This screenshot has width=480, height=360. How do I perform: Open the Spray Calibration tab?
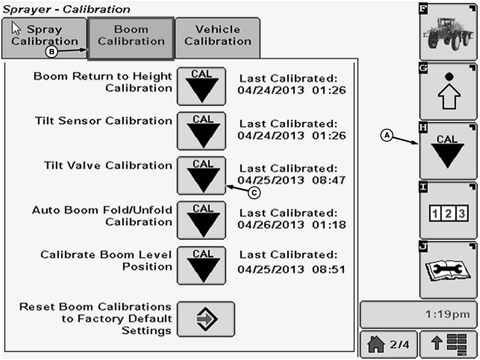44,36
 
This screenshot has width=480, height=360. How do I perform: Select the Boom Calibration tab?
131,36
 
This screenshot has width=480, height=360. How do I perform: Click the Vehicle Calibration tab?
218,36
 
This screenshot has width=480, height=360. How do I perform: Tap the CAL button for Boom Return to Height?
202,86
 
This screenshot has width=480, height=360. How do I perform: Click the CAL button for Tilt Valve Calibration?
202,176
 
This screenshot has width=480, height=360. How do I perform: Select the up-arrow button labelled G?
448,91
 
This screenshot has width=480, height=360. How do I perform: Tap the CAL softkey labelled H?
448,151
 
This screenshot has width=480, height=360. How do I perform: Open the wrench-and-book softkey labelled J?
448,270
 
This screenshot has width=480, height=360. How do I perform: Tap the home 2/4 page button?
388,344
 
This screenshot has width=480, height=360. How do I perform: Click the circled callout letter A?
388,135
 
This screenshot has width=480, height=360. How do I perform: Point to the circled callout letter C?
255,192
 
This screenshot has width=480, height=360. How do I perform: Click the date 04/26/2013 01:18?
292,225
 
